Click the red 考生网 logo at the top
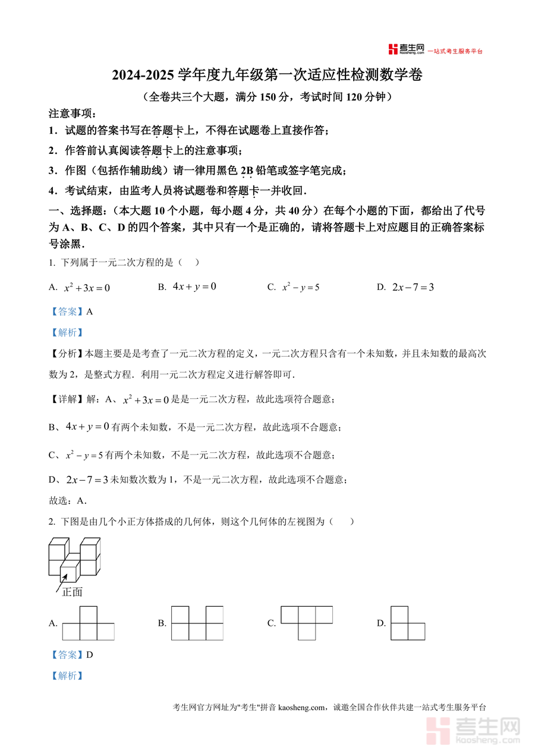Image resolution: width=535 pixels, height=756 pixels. [407, 49]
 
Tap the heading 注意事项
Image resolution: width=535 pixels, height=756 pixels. [71, 114]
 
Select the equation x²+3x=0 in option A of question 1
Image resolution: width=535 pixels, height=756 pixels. [87, 288]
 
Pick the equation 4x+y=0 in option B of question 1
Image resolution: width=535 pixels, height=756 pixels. [194, 286]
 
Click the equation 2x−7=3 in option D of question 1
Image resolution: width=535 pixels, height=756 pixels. [413, 287]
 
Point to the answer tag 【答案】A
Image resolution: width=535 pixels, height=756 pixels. [71, 311]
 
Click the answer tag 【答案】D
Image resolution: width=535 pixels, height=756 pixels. [71, 655]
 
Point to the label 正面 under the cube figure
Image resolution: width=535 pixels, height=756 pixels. [72, 592]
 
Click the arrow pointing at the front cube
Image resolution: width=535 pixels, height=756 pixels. [61, 582]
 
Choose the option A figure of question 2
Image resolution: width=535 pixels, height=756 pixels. [88, 623]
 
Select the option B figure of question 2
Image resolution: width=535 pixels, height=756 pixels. [197, 623]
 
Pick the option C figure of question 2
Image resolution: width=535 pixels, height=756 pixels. [306, 623]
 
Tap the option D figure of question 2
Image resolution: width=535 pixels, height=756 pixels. [408, 623]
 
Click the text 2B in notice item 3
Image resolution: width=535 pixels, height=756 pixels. [246, 171]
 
